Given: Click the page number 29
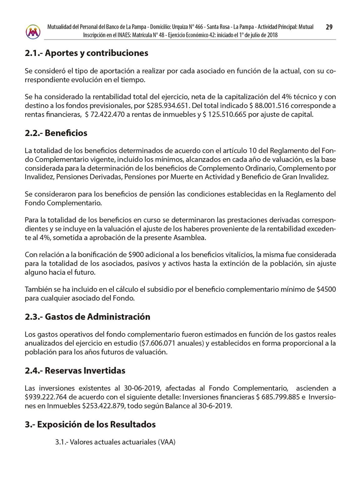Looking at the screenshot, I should point(329,27).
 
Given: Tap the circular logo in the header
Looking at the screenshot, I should point(33,31).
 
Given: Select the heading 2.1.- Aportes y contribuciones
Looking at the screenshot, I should point(86,53).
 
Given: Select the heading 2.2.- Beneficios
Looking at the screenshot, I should point(56,133).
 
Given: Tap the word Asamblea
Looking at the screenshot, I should point(190,238).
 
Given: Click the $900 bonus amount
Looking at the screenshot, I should point(136,255).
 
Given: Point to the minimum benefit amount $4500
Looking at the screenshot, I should point(326,290).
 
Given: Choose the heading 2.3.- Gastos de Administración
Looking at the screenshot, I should point(87,317).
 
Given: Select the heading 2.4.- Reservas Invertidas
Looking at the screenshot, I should point(75,371).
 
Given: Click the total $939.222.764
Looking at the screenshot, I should point(46,397).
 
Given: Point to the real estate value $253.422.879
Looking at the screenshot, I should point(103,406).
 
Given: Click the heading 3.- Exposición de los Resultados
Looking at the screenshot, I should point(90,425).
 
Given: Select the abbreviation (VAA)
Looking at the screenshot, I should point(167,442).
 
